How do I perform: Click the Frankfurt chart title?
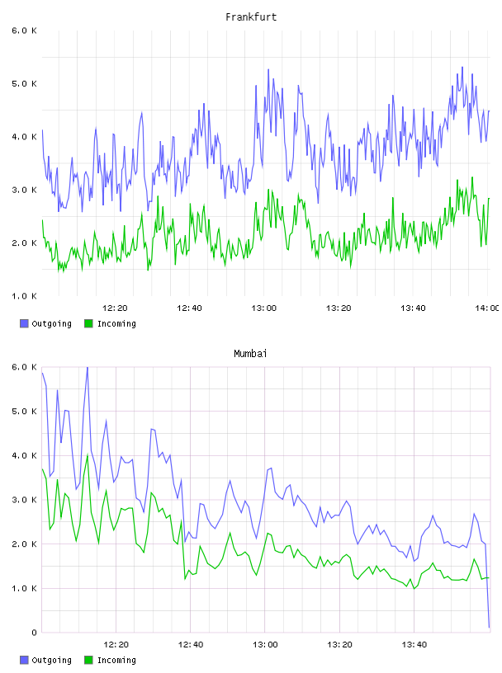tap(251, 16)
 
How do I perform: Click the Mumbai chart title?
tap(250, 353)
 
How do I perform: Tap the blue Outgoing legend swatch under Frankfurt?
tap(24, 323)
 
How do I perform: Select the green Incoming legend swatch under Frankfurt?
tap(88, 323)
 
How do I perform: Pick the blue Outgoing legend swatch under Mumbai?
tap(24, 660)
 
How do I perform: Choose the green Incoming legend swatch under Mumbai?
tap(88, 660)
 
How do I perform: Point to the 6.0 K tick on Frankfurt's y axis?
tap(24, 31)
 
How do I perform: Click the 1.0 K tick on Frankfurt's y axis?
tap(24, 296)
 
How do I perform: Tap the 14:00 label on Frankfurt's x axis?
tap(487, 308)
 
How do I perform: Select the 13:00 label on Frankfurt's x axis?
tap(264, 308)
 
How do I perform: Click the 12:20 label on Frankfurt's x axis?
tap(115, 308)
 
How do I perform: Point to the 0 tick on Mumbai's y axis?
tap(34, 633)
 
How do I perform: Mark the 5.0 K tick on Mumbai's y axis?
tap(24, 412)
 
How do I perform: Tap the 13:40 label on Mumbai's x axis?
tap(414, 644)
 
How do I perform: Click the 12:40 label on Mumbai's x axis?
tap(191, 644)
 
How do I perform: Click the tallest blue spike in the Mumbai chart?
tap(88, 369)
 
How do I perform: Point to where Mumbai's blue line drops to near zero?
tap(489, 627)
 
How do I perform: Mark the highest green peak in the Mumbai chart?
tap(88, 455)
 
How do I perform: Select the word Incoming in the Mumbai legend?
tap(116, 660)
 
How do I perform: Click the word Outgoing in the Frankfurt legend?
tap(51, 323)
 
